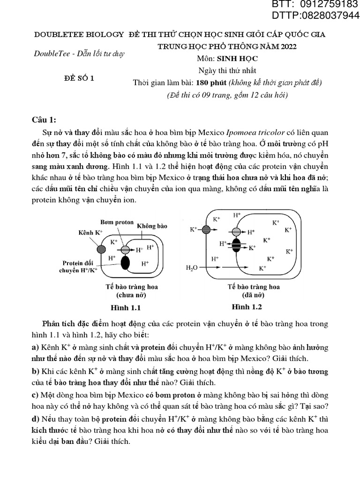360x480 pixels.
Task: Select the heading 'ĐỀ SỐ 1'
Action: pyautogui.click(x=79, y=78)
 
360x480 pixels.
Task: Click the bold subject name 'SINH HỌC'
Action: pyautogui.click(x=241, y=59)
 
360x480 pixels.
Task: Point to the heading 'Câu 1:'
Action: pyautogui.click(x=44, y=120)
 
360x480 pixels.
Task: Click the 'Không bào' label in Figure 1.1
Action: pyautogui.click(x=152, y=226)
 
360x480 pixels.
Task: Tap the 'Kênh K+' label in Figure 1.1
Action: pyautogui.click(x=90, y=232)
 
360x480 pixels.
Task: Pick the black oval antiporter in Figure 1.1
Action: pyautogui.click(x=125, y=263)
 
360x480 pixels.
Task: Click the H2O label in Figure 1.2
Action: pyautogui.click(x=192, y=268)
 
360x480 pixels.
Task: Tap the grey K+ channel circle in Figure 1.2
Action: pyautogui.click(x=206, y=230)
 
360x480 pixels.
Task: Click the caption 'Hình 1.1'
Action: pyautogui.click(x=125, y=308)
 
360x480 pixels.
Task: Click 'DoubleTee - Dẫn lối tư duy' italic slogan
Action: pyautogui.click(x=79, y=53)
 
